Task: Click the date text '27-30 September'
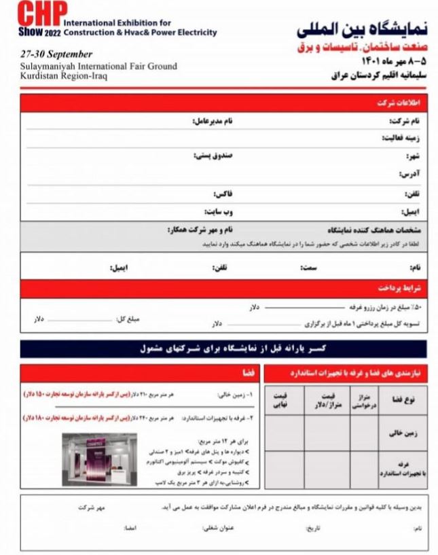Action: pyautogui.click(x=56, y=54)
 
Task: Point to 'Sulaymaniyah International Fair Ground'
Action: pyautogui.click(x=98, y=66)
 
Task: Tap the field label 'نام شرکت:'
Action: pyautogui.click(x=403, y=121)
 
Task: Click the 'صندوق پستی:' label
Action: pyautogui.click(x=213, y=156)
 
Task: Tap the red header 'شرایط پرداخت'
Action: pyautogui.click(x=399, y=288)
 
